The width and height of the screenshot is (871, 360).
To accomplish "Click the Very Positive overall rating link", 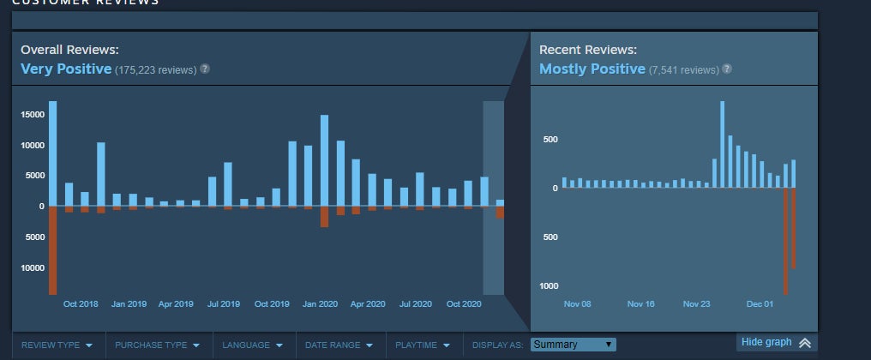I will click(66, 69).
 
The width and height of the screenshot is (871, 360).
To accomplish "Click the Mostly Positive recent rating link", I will click(592, 69).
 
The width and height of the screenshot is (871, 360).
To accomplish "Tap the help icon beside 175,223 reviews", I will click(205, 69).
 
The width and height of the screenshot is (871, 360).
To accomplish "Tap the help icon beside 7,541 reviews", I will click(727, 69).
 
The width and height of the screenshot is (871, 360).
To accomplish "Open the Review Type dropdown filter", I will click(57, 345).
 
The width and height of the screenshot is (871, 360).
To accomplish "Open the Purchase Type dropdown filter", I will click(157, 345).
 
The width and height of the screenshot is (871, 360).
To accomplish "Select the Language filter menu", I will click(252, 345).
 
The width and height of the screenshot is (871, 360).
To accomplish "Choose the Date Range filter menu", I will click(339, 345).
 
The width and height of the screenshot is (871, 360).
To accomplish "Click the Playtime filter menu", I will click(422, 345).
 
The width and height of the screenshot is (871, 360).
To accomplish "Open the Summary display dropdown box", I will click(573, 345).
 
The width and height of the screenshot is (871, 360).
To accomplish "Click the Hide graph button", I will click(776, 342).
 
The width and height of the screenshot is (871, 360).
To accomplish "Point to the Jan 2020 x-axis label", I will click(321, 304).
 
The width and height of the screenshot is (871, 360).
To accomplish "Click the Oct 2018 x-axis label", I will click(81, 304).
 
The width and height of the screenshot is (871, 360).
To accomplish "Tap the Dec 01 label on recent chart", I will click(760, 303).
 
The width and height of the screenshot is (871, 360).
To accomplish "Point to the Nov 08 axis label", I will click(577, 303).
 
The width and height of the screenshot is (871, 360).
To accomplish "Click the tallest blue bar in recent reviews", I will click(723, 144).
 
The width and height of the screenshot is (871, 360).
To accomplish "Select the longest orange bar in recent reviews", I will click(785, 241).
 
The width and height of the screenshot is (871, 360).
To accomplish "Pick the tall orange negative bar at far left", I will click(52, 250).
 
